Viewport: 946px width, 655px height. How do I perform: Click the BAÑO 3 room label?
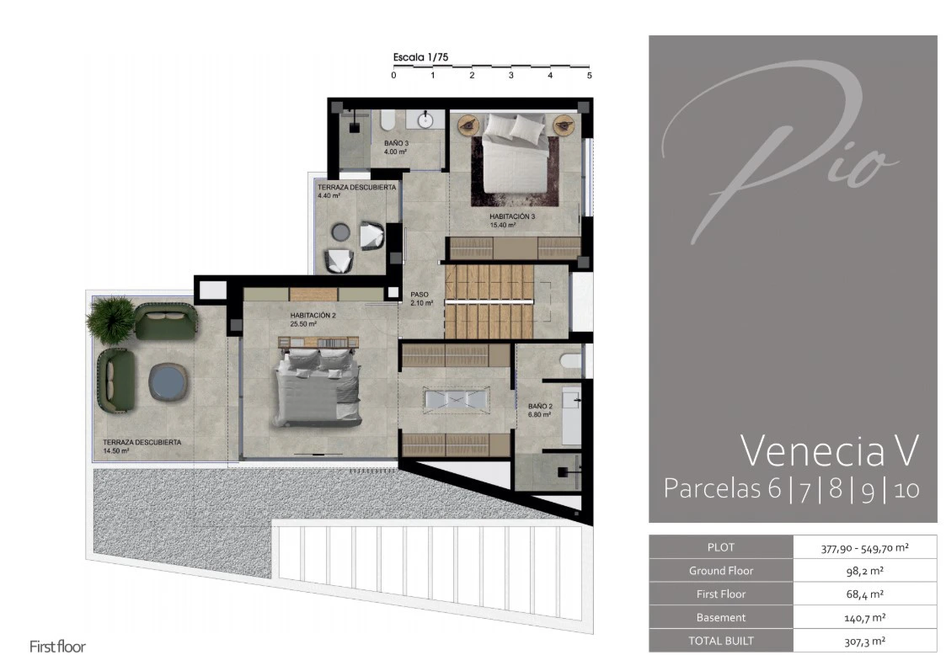[x=397, y=147]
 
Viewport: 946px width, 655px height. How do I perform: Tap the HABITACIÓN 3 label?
[x=512, y=221]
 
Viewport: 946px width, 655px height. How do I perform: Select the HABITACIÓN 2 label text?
[x=313, y=320]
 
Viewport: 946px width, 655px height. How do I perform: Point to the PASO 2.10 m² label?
[x=421, y=299]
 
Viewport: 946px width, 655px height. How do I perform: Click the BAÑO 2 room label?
[x=540, y=410]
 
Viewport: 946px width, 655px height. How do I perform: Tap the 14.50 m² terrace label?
[x=142, y=446]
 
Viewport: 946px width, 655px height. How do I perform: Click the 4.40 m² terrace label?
[x=356, y=191]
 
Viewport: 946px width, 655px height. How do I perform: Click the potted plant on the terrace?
[x=110, y=319]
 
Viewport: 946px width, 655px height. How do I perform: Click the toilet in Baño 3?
[x=387, y=120]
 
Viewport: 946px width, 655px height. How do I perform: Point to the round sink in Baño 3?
[x=426, y=120]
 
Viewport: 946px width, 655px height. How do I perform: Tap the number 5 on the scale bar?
[x=590, y=76]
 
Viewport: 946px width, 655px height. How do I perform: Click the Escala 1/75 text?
[x=420, y=57]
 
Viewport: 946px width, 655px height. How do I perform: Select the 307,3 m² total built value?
[x=864, y=642]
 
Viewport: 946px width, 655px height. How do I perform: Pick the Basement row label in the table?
[x=720, y=618]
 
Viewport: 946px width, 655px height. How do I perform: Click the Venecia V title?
[x=830, y=450]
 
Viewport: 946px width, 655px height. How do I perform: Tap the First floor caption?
[x=58, y=647]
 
